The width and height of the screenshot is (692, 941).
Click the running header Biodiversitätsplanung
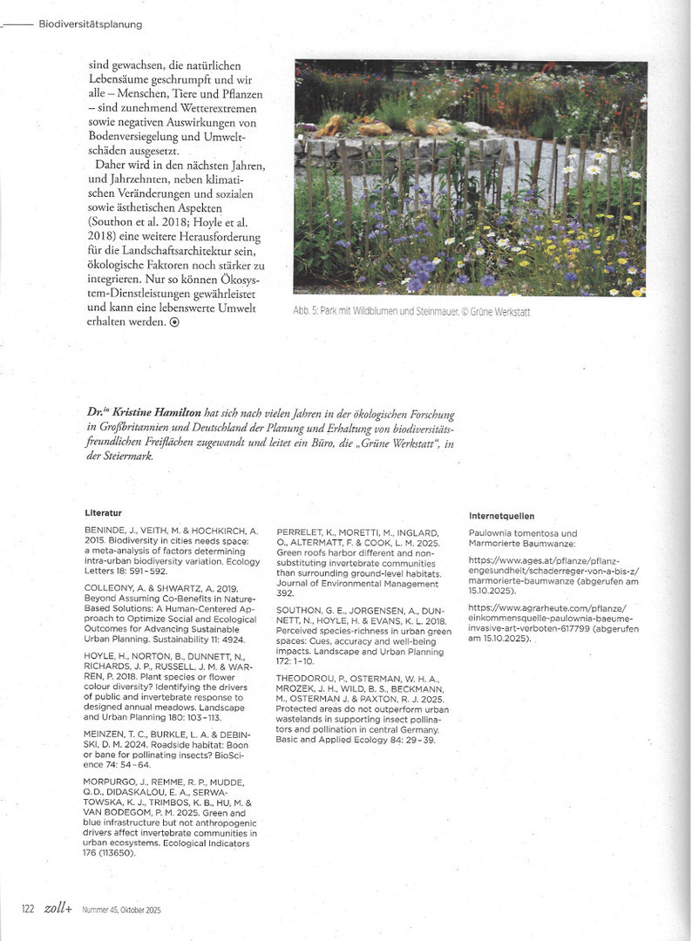click(x=91, y=24)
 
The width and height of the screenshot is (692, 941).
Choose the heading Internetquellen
click(x=501, y=516)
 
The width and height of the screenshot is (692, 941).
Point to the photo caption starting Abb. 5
click(x=411, y=312)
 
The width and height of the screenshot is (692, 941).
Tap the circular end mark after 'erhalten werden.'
click(x=174, y=322)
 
